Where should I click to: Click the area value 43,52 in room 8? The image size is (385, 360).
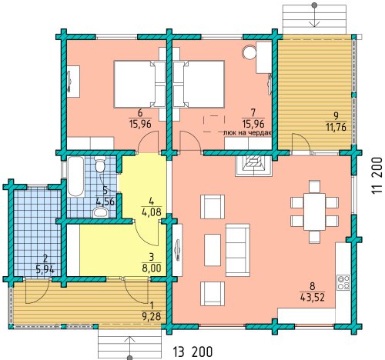(x=313, y=298)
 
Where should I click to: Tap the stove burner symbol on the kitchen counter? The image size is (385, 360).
(x=343, y=282)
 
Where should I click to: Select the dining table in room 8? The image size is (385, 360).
(x=314, y=212)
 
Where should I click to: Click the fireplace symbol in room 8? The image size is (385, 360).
(x=253, y=166)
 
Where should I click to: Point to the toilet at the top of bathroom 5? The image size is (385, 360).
(x=99, y=164)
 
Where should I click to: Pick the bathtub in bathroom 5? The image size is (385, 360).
(x=75, y=177)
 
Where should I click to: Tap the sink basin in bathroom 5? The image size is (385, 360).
(x=101, y=212)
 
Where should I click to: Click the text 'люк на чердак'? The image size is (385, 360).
(x=248, y=133)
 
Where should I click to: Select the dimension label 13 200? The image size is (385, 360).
(x=192, y=352)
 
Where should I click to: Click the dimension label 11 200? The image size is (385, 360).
(x=377, y=175)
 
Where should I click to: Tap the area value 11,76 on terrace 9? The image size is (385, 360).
(x=336, y=127)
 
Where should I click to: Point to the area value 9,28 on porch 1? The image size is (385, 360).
(x=152, y=316)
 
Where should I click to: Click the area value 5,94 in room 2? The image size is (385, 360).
(x=45, y=270)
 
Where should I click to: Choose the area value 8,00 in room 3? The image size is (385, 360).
(x=152, y=268)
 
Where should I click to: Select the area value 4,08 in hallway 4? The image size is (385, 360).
(x=151, y=212)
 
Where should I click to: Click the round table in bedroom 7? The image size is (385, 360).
(x=249, y=52)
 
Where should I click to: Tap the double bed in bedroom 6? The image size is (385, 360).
(x=136, y=84)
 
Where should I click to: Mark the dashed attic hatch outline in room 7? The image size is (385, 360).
(x=214, y=124)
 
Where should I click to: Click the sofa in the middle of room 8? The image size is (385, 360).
(x=238, y=250)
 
